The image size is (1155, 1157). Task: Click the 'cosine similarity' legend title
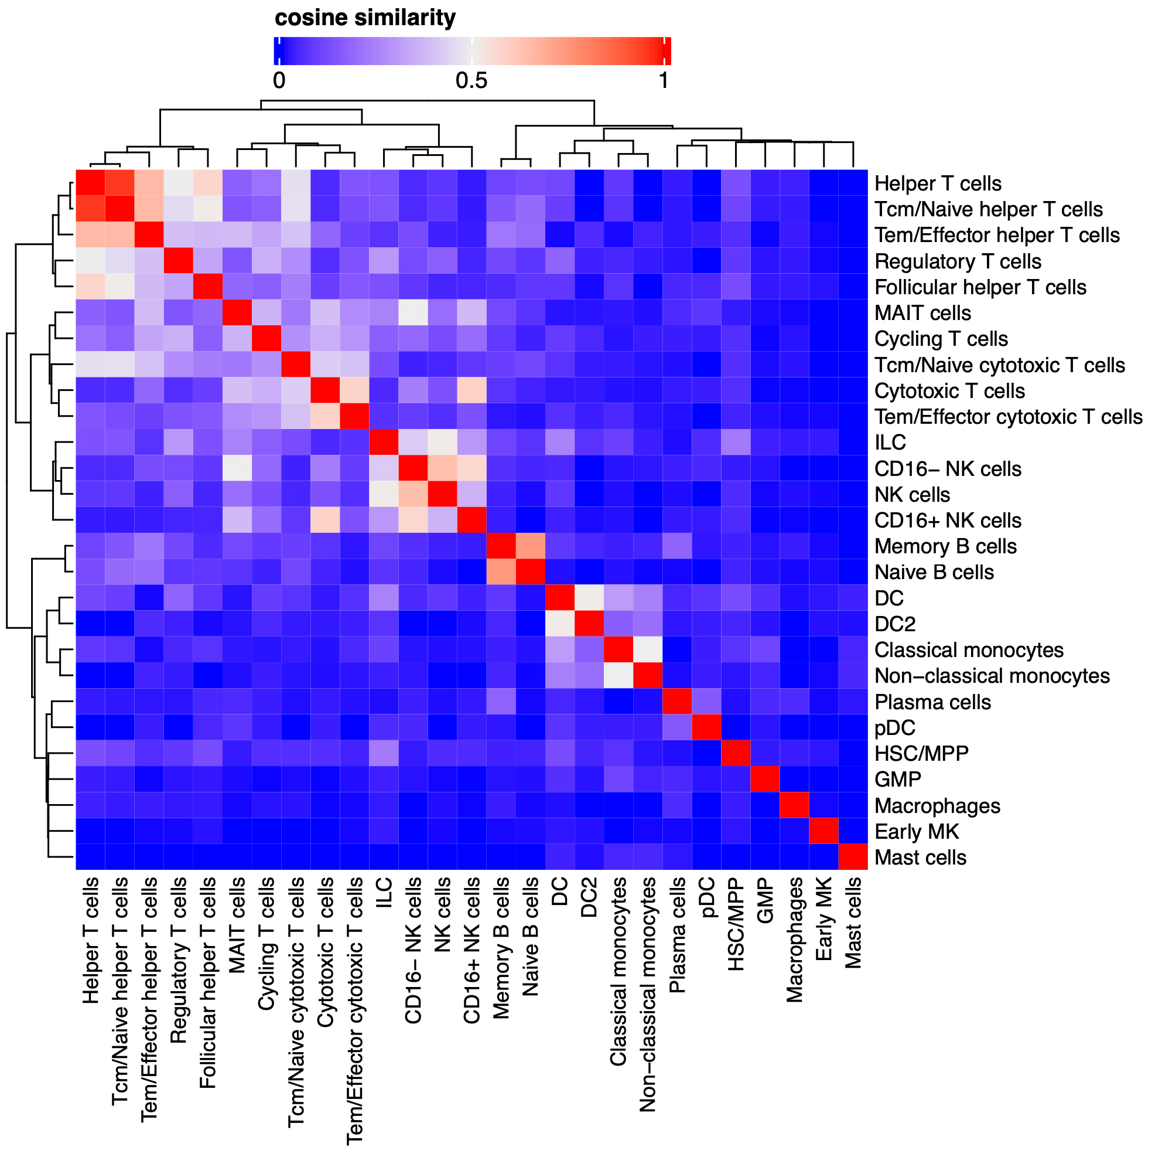(x=365, y=18)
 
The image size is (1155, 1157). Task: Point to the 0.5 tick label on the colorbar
(x=471, y=81)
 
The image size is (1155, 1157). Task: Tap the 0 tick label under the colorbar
(x=279, y=81)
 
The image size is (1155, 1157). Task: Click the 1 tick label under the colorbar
(x=663, y=81)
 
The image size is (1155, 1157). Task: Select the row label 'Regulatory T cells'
(x=958, y=261)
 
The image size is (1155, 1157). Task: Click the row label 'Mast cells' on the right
(x=920, y=857)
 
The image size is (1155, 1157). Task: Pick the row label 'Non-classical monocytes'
(x=992, y=676)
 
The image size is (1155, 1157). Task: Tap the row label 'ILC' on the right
(x=890, y=443)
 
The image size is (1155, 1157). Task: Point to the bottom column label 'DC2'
(x=589, y=899)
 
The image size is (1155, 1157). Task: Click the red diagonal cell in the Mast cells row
(x=853, y=857)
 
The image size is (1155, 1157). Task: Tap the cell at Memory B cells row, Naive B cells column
(x=530, y=546)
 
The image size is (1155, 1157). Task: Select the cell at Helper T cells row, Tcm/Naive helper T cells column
(x=119, y=183)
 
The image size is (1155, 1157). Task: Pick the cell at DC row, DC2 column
(x=589, y=598)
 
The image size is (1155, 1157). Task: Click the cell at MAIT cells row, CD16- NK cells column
(x=413, y=312)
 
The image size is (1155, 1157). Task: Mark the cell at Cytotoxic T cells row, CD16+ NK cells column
(x=471, y=390)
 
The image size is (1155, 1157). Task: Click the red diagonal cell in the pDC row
(x=706, y=727)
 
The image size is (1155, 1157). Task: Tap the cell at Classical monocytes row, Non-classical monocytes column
(x=648, y=650)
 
